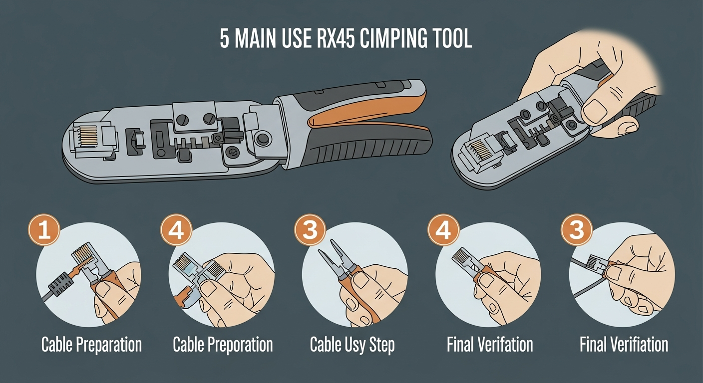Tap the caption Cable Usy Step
pos(352,345)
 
